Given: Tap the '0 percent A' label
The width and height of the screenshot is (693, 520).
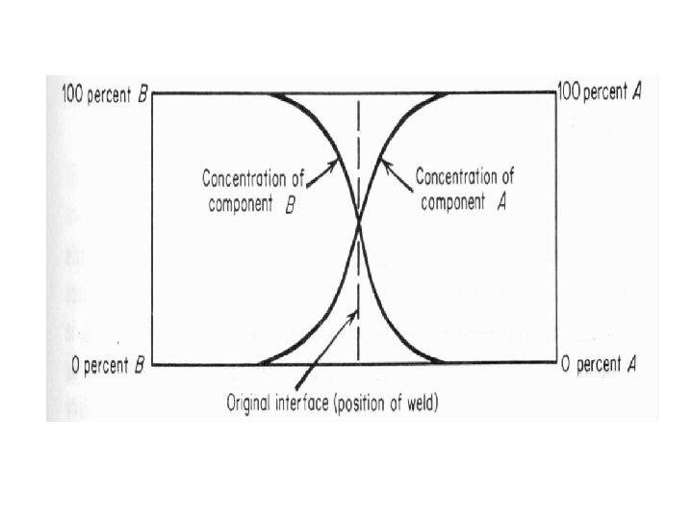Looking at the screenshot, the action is [599, 365].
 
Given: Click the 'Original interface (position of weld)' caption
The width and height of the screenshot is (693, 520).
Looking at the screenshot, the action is [332, 403].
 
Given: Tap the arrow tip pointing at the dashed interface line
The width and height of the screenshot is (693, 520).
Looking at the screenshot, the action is [357, 310].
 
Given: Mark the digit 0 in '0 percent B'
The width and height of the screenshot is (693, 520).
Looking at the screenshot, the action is [77, 365].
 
